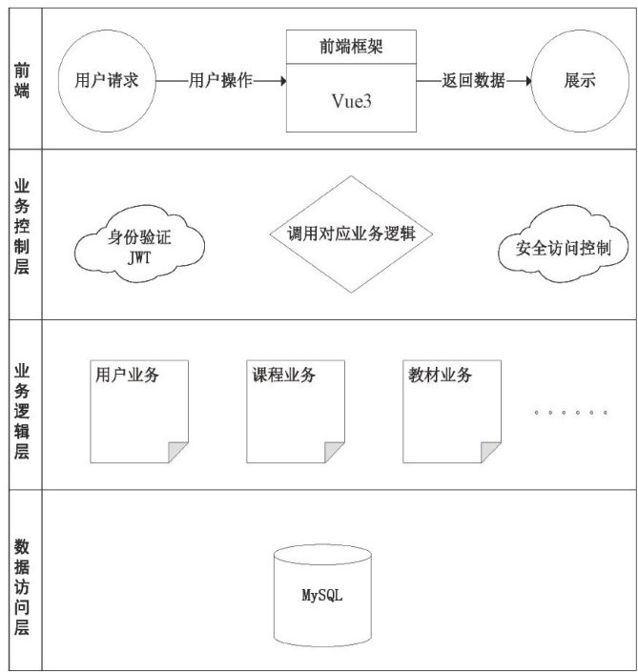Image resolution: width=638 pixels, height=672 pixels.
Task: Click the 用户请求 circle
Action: click(108, 81)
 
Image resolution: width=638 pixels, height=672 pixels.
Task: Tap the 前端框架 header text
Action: click(352, 46)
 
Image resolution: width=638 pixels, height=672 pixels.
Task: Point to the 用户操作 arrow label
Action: click(221, 81)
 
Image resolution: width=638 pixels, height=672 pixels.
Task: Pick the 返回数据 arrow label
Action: click(474, 81)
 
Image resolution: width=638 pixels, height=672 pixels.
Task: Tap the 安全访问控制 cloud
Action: click(564, 249)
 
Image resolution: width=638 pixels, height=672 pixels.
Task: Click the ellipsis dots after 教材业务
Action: click(570, 412)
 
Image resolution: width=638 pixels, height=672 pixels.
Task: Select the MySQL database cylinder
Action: click(321, 596)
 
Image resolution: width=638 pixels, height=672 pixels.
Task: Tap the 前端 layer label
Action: click(22, 81)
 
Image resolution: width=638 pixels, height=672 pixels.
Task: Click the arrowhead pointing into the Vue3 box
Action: click(281, 81)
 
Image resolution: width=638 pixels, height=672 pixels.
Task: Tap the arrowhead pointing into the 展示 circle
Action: click(525, 81)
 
